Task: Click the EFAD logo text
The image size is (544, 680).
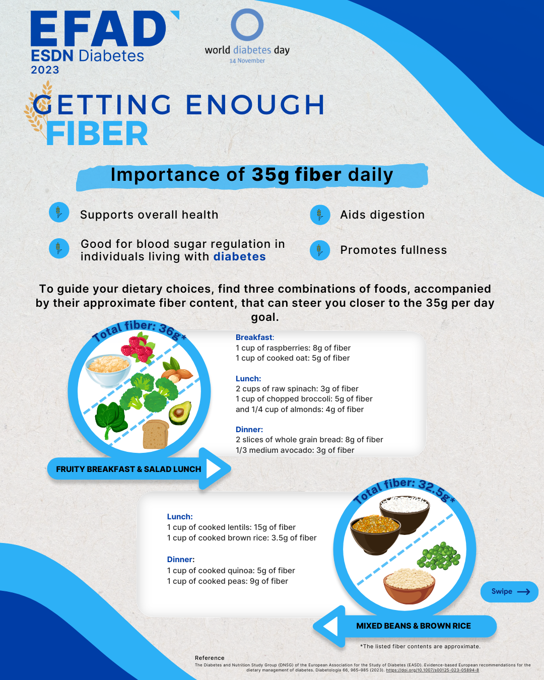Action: [99, 28]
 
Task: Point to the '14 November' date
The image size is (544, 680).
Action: [247, 60]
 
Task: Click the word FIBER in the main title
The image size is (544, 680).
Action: [97, 134]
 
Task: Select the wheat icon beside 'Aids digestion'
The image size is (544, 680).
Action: [320, 215]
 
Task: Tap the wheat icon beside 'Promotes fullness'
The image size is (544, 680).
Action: [320, 250]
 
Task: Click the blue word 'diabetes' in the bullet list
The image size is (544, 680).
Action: [240, 256]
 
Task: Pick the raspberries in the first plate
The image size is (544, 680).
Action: [139, 349]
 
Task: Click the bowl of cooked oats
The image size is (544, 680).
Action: [108, 370]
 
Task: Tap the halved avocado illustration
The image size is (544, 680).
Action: [180, 413]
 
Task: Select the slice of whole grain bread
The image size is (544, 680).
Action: [155, 434]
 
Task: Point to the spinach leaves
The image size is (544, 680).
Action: [111, 419]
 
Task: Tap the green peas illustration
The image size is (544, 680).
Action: [439, 556]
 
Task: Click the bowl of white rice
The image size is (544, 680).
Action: [404, 514]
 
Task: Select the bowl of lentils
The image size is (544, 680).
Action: [375, 535]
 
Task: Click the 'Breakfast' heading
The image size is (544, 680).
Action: [255, 337]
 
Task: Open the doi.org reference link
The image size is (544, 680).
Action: [432, 670]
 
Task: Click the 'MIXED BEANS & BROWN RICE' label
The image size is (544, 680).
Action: [414, 626]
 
